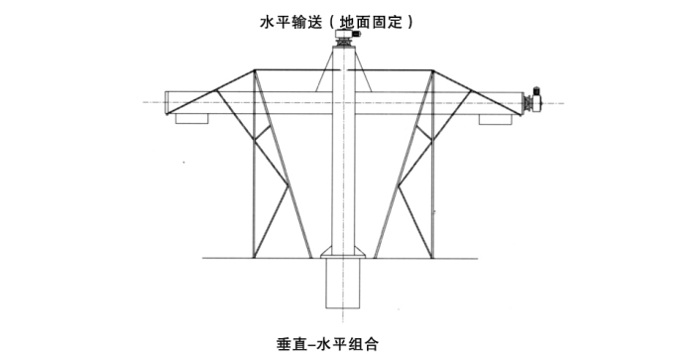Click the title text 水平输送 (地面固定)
point(336,22)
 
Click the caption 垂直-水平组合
point(327,343)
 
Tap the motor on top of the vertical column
point(347,35)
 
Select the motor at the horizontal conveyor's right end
point(533,100)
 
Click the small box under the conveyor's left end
point(191,119)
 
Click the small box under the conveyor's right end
point(496,119)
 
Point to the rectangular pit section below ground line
point(343,283)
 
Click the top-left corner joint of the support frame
point(255,70)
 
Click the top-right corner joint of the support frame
point(432,70)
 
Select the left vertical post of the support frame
point(254,164)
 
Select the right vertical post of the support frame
point(432,164)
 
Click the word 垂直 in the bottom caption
point(290,343)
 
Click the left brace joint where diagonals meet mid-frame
point(289,184)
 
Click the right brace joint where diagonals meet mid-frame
point(400,186)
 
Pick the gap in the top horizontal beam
point(343,70)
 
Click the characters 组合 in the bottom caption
point(364,343)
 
